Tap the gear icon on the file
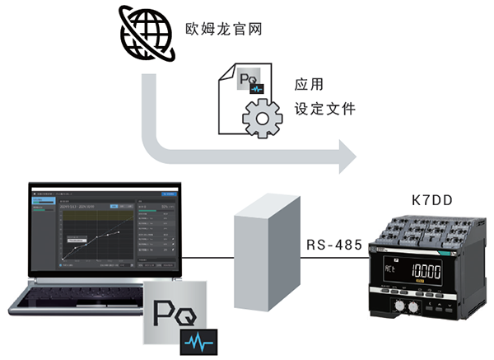pos(262,117)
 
